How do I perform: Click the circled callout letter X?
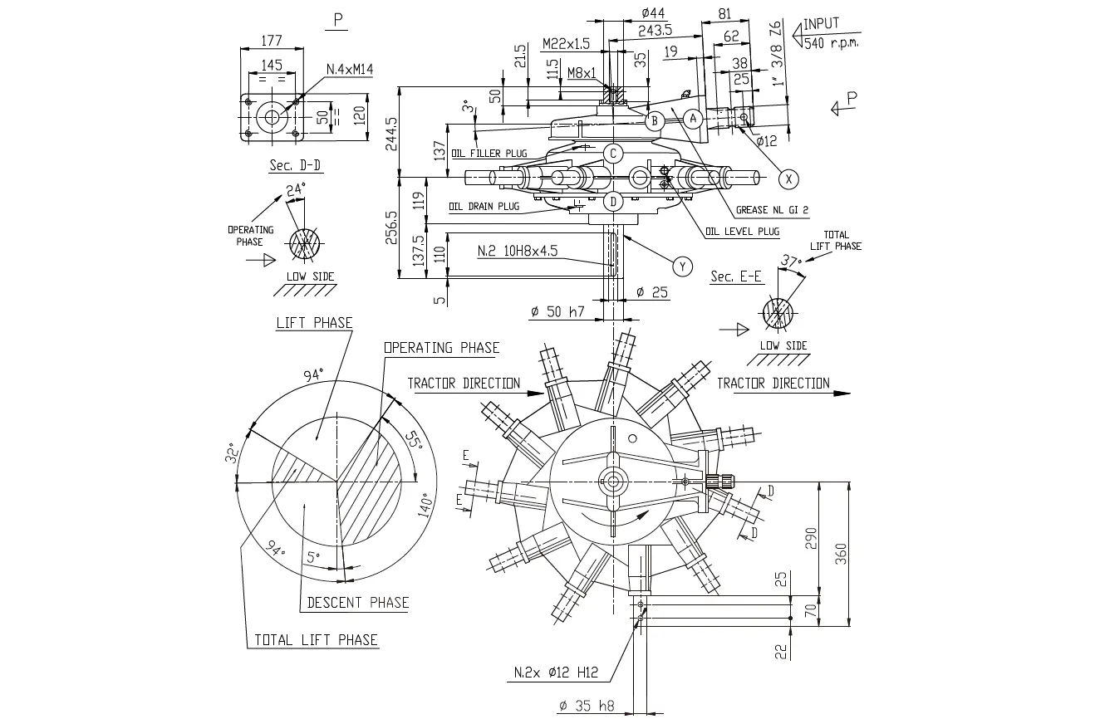click(x=789, y=177)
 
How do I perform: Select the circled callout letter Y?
click(x=682, y=265)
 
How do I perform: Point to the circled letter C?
click(x=613, y=154)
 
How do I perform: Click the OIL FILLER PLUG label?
click(x=489, y=153)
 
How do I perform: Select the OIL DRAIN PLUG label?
click(x=484, y=206)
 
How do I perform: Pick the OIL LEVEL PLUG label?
click(x=742, y=232)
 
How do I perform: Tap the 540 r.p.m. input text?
click(x=831, y=42)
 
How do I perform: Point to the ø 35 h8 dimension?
click(x=587, y=706)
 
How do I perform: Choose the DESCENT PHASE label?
click(x=358, y=603)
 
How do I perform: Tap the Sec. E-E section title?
click(x=736, y=276)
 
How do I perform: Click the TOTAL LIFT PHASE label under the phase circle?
click(x=316, y=639)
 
